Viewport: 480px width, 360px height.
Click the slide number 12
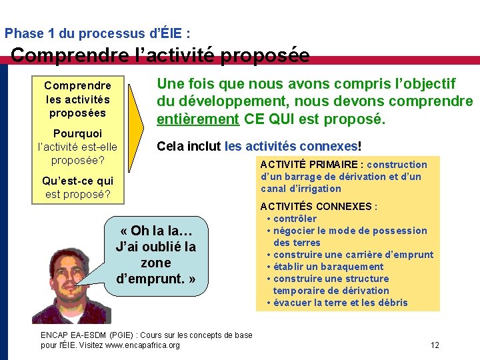[x=435, y=345]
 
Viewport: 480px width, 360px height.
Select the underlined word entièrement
[x=197, y=119]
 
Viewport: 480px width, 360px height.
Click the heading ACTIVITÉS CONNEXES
[x=318, y=207]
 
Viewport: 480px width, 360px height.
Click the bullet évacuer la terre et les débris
[x=340, y=303]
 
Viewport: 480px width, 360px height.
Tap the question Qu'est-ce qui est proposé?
[x=77, y=187]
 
